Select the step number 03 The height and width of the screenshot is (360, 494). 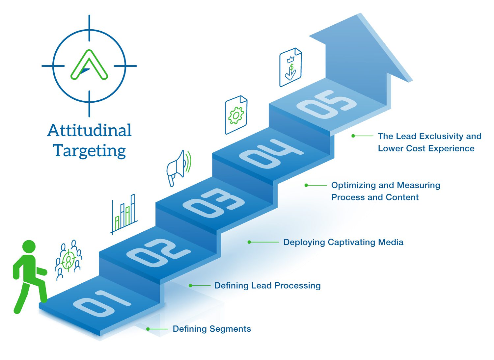[x=214, y=203]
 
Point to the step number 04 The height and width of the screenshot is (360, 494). [x=271, y=154]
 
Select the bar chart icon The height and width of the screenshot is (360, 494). [x=123, y=214]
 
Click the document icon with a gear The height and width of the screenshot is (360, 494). [x=236, y=115]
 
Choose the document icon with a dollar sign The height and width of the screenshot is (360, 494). [x=290, y=67]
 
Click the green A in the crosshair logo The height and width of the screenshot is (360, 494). [x=89, y=65]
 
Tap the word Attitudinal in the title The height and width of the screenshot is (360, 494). [x=89, y=130]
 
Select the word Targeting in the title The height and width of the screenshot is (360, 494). [x=89, y=151]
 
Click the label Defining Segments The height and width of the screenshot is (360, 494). [x=212, y=329]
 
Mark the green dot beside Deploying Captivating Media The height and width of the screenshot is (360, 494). [x=249, y=242]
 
